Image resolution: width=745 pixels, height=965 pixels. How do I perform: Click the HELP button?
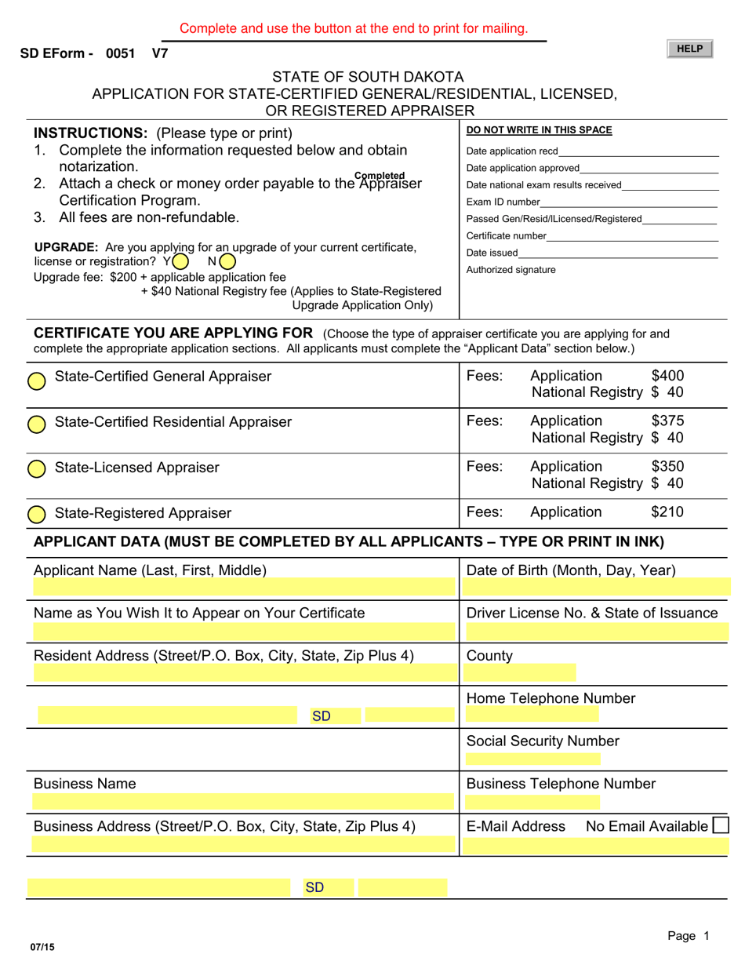point(689,49)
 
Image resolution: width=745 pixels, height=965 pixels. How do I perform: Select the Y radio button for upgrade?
point(180,261)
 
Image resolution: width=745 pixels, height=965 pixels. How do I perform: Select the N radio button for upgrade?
point(227,261)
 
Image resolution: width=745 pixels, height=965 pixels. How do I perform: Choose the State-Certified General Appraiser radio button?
point(37,381)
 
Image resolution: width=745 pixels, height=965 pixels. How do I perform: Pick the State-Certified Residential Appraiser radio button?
point(37,424)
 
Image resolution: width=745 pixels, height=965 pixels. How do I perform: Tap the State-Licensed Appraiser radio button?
point(37,469)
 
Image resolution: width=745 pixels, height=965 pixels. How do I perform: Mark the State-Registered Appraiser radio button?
point(37,515)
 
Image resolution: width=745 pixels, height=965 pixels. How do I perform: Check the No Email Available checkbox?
point(720,825)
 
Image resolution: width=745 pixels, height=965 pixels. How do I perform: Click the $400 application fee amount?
point(667,376)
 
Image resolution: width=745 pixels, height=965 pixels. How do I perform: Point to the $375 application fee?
point(667,421)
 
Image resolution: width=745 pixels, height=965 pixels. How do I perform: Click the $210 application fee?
point(667,512)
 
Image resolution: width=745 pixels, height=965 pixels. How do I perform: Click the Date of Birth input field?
point(596,588)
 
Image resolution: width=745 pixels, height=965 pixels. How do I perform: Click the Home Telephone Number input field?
point(532,714)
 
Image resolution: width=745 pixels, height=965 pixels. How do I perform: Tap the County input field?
point(520,672)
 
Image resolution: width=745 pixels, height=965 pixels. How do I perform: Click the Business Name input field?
point(243,802)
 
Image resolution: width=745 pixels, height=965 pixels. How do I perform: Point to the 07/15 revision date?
point(44,948)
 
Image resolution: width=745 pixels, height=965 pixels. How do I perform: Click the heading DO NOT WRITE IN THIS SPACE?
point(539,130)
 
